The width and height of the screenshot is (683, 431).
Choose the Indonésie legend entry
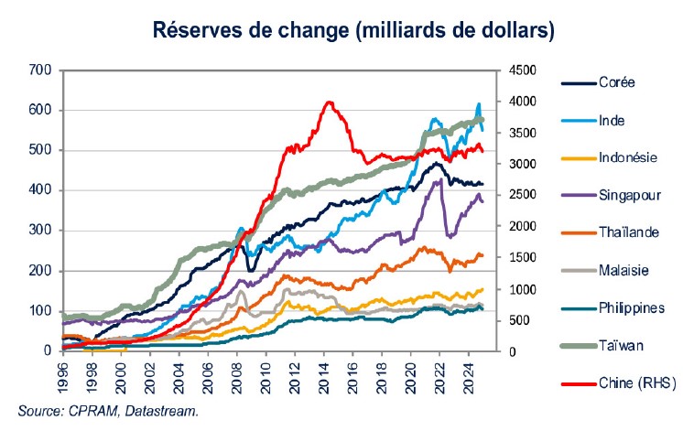pos(627,156)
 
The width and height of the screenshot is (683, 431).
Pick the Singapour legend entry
pos(628,195)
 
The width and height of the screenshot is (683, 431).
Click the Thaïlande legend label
pos(628,232)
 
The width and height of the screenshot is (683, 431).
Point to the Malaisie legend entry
pos(624,270)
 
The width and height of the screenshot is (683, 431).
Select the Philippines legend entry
pos(632,307)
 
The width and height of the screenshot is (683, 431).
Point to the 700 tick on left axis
pos(39,70)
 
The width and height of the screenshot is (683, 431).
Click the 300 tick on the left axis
pos(39,231)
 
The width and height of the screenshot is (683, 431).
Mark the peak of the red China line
pos(330,102)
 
